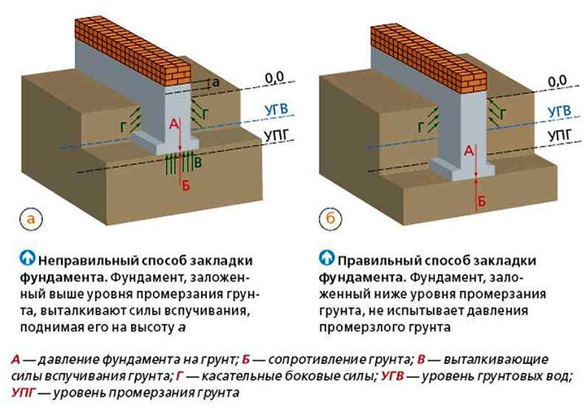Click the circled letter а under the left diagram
pos(30,219)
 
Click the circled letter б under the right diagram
pos(328,219)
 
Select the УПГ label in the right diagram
pos(558,133)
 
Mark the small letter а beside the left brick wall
pos(215,82)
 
